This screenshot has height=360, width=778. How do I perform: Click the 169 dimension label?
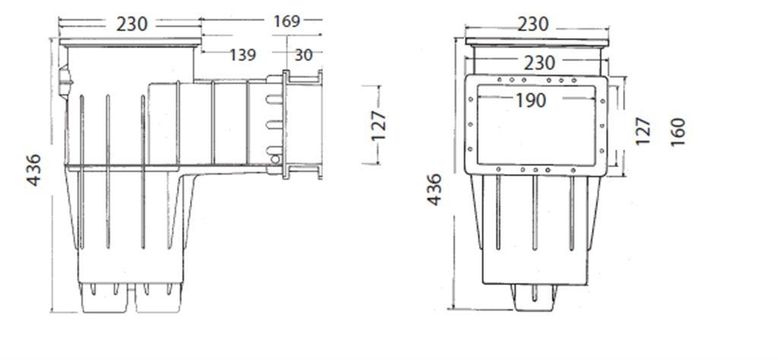pyautogui.click(x=286, y=21)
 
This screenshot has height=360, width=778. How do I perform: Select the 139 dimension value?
pyautogui.click(x=242, y=54)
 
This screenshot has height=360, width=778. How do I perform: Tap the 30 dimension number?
pyautogui.click(x=303, y=54)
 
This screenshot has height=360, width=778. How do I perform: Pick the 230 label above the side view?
pyautogui.click(x=132, y=24)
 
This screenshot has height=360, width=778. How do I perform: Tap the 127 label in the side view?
pyautogui.click(x=380, y=125)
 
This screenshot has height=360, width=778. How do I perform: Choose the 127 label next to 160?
pyautogui.click(x=642, y=131)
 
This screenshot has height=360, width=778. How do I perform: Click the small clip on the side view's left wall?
pyautogui.click(x=65, y=77)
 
